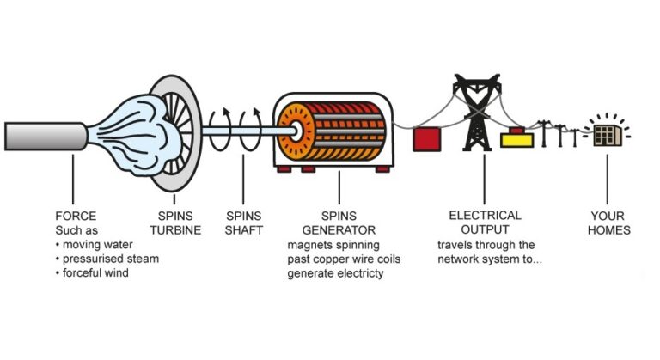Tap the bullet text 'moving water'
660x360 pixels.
98,244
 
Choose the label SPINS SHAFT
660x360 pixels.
244,223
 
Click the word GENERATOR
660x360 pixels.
338,229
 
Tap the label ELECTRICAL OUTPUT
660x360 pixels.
484,223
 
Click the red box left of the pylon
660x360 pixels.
427,138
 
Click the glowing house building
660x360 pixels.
608,135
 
